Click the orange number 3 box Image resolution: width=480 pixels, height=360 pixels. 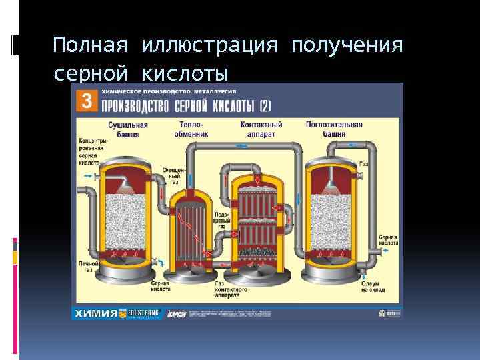point(85,101)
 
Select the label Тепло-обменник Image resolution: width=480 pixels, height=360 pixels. point(191,129)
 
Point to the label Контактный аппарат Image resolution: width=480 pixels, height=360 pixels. point(261,129)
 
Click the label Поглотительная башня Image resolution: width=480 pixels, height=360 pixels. point(334,129)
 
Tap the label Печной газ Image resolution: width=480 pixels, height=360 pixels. point(88,267)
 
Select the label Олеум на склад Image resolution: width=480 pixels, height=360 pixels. point(371,286)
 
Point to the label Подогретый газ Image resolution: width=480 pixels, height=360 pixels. point(221,222)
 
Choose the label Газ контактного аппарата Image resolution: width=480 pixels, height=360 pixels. point(231,287)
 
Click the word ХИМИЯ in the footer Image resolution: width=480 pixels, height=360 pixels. point(96,313)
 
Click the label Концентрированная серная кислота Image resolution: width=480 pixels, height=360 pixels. point(88,151)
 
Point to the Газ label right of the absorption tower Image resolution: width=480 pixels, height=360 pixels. point(364,163)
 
